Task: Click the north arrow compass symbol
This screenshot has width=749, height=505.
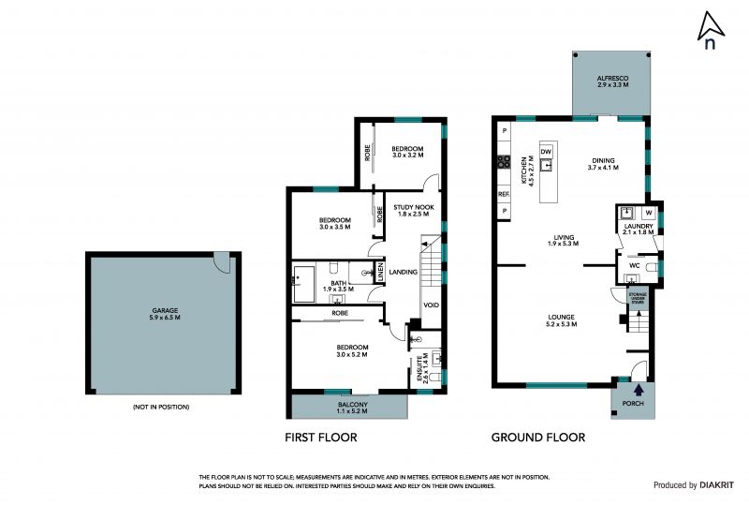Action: (711, 30)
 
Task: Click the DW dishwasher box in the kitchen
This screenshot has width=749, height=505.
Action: (546, 152)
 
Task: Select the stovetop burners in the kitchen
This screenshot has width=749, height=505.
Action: (504, 162)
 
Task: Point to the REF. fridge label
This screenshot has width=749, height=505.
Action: (504, 195)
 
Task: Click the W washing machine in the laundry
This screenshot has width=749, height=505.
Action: (648, 213)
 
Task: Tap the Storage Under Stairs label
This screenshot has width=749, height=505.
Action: (638, 298)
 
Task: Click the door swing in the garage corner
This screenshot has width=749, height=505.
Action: (223, 262)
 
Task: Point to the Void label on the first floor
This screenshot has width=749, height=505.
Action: (431, 305)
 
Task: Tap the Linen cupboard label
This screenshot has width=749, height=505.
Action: (381, 273)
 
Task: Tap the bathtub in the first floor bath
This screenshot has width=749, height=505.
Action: (303, 284)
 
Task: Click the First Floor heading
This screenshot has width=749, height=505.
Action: (321, 438)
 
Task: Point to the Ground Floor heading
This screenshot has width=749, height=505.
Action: (538, 438)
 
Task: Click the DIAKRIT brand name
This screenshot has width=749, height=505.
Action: (717, 485)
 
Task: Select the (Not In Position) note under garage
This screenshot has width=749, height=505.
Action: (161, 407)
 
